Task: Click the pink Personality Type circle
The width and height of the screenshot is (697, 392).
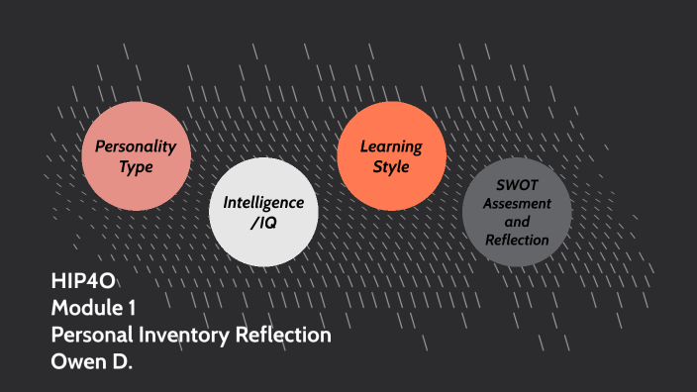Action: (136, 156)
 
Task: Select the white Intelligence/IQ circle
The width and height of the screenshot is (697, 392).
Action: (263, 212)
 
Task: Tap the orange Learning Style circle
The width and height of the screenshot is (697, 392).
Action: (391, 156)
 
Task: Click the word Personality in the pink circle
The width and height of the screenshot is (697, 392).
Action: (136, 147)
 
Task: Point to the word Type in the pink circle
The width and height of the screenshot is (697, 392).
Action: (136, 167)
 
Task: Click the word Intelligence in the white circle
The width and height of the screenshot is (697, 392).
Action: (263, 201)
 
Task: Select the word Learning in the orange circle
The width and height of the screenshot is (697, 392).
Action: (391, 147)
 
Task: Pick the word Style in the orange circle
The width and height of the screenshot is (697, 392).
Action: (391, 167)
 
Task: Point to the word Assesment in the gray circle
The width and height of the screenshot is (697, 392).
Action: (517, 202)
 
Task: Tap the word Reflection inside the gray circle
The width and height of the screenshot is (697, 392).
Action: (517, 240)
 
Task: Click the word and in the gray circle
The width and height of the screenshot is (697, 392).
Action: (517, 221)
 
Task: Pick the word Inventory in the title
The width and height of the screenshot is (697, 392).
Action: (178, 336)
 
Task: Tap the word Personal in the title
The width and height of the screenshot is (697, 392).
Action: (90, 336)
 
